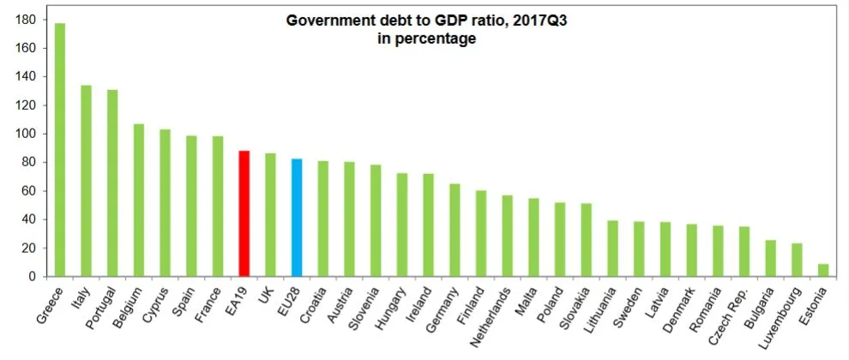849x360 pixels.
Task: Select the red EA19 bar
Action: pos(244,214)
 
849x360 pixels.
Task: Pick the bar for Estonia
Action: pos(823,270)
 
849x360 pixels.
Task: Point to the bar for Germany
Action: pos(455,231)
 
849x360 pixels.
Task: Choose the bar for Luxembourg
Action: pos(797,260)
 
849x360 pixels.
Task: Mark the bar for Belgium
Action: pos(139,201)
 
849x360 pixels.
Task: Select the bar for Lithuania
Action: pos(612,249)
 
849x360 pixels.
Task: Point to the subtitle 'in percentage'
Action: pos(426,38)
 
